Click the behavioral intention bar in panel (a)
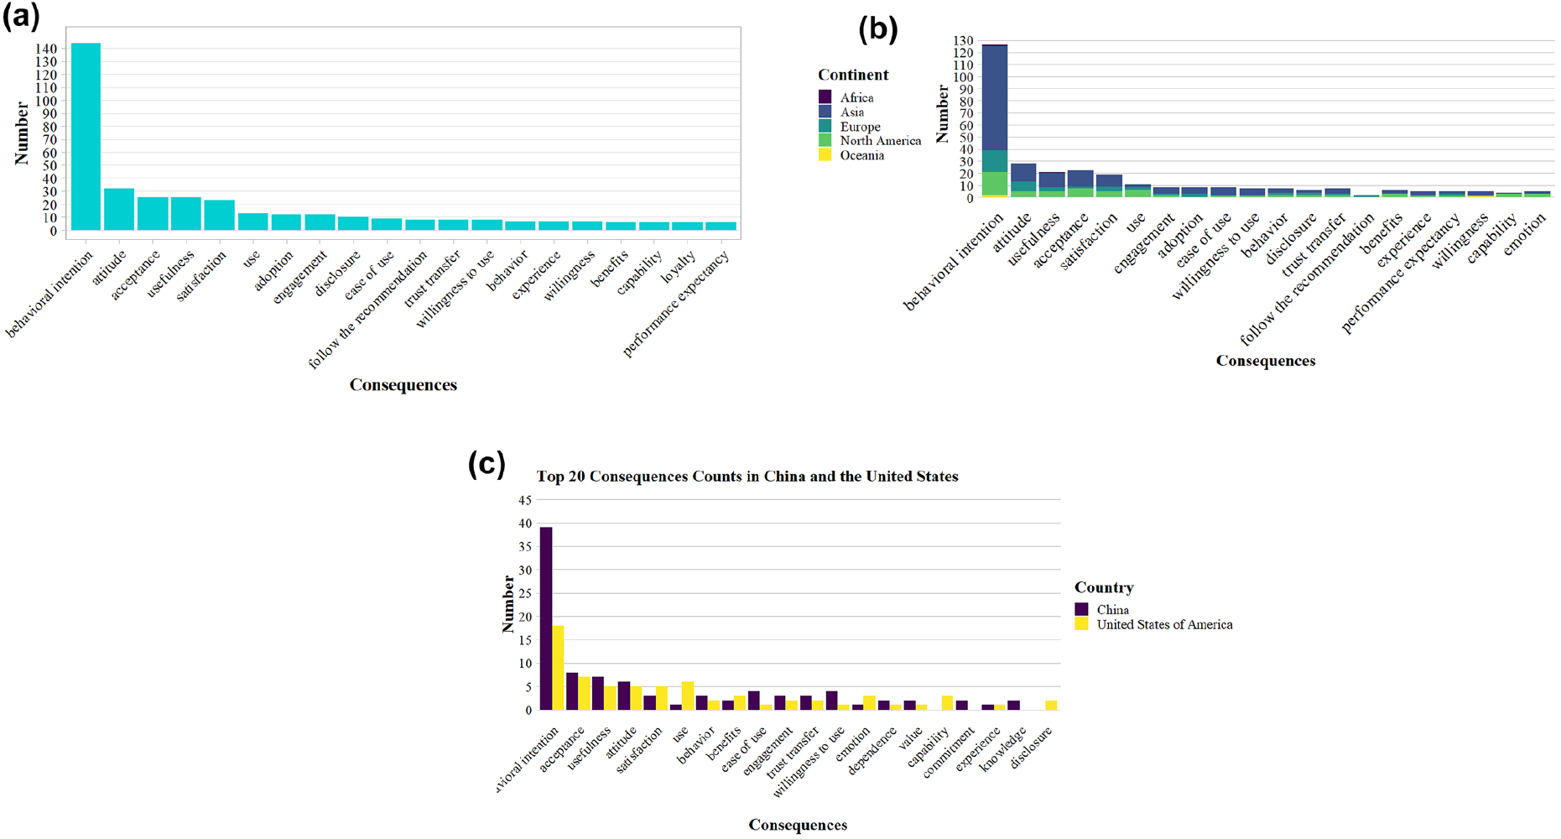[86, 137]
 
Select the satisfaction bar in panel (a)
[219, 215]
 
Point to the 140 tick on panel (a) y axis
[46, 49]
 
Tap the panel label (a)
[21, 17]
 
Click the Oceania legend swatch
[825, 155]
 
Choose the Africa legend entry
[856, 97]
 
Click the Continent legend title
[853, 75]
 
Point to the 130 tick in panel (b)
[963, 40]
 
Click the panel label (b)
[878, 29]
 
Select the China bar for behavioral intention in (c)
[546, 618]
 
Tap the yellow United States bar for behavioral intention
[558, 668]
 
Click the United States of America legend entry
[1164, 624]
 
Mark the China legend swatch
[1082, 610]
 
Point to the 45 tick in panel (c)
[525, 500]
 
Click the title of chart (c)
[747, 477]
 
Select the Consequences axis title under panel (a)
[403, 385]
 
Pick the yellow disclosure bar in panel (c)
[1052, 706]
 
